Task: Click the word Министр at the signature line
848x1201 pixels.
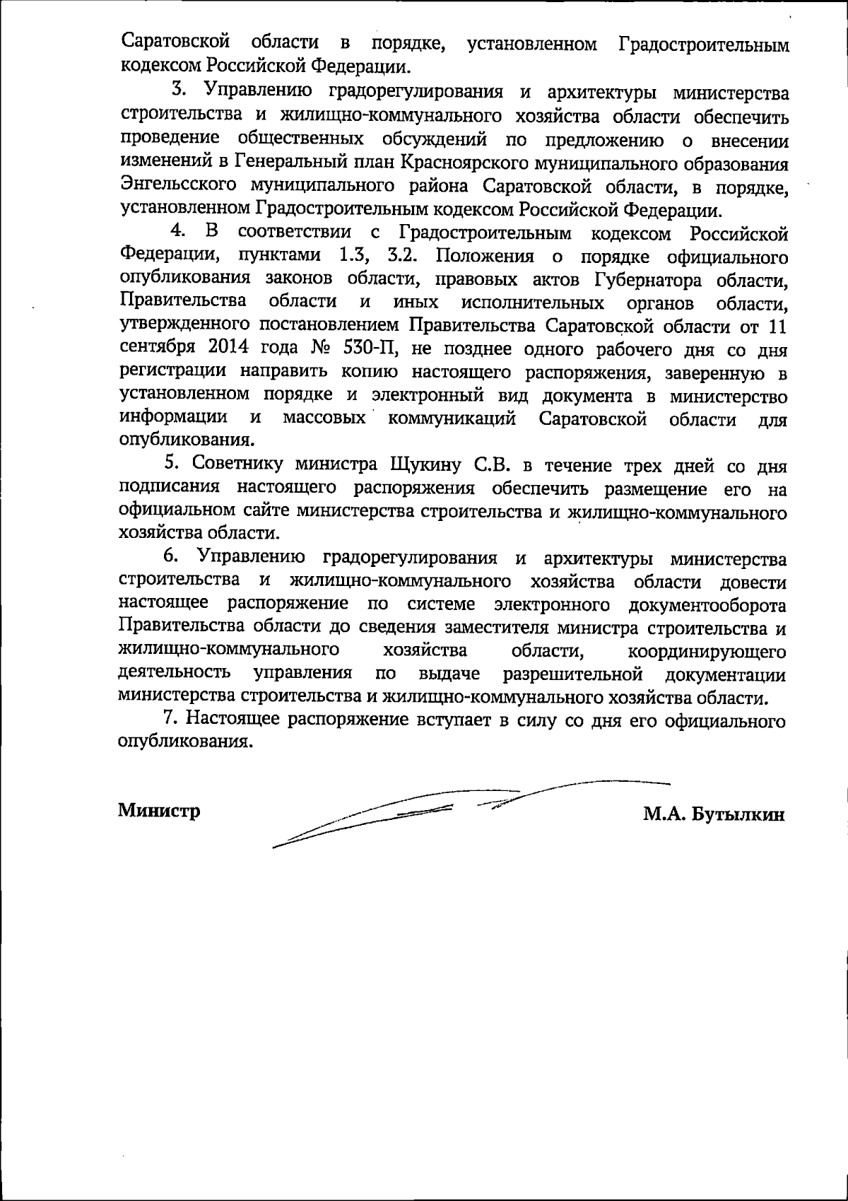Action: point(158,810)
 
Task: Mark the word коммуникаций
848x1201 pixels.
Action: point(451,418)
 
